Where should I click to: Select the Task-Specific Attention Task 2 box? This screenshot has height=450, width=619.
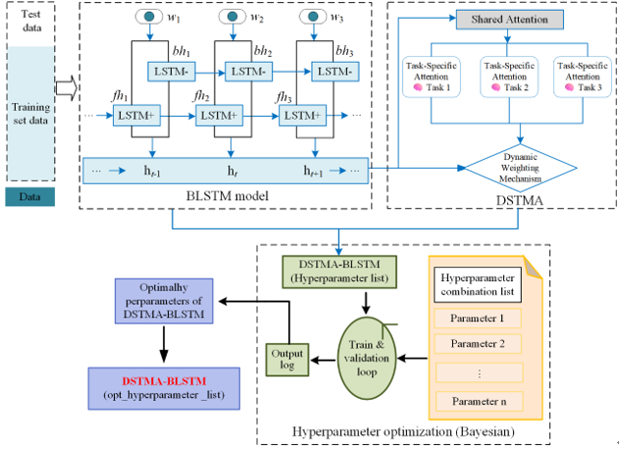(506, 75)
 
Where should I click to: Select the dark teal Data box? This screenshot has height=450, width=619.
(30, 197)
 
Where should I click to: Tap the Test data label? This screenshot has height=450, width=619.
(30, 23)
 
